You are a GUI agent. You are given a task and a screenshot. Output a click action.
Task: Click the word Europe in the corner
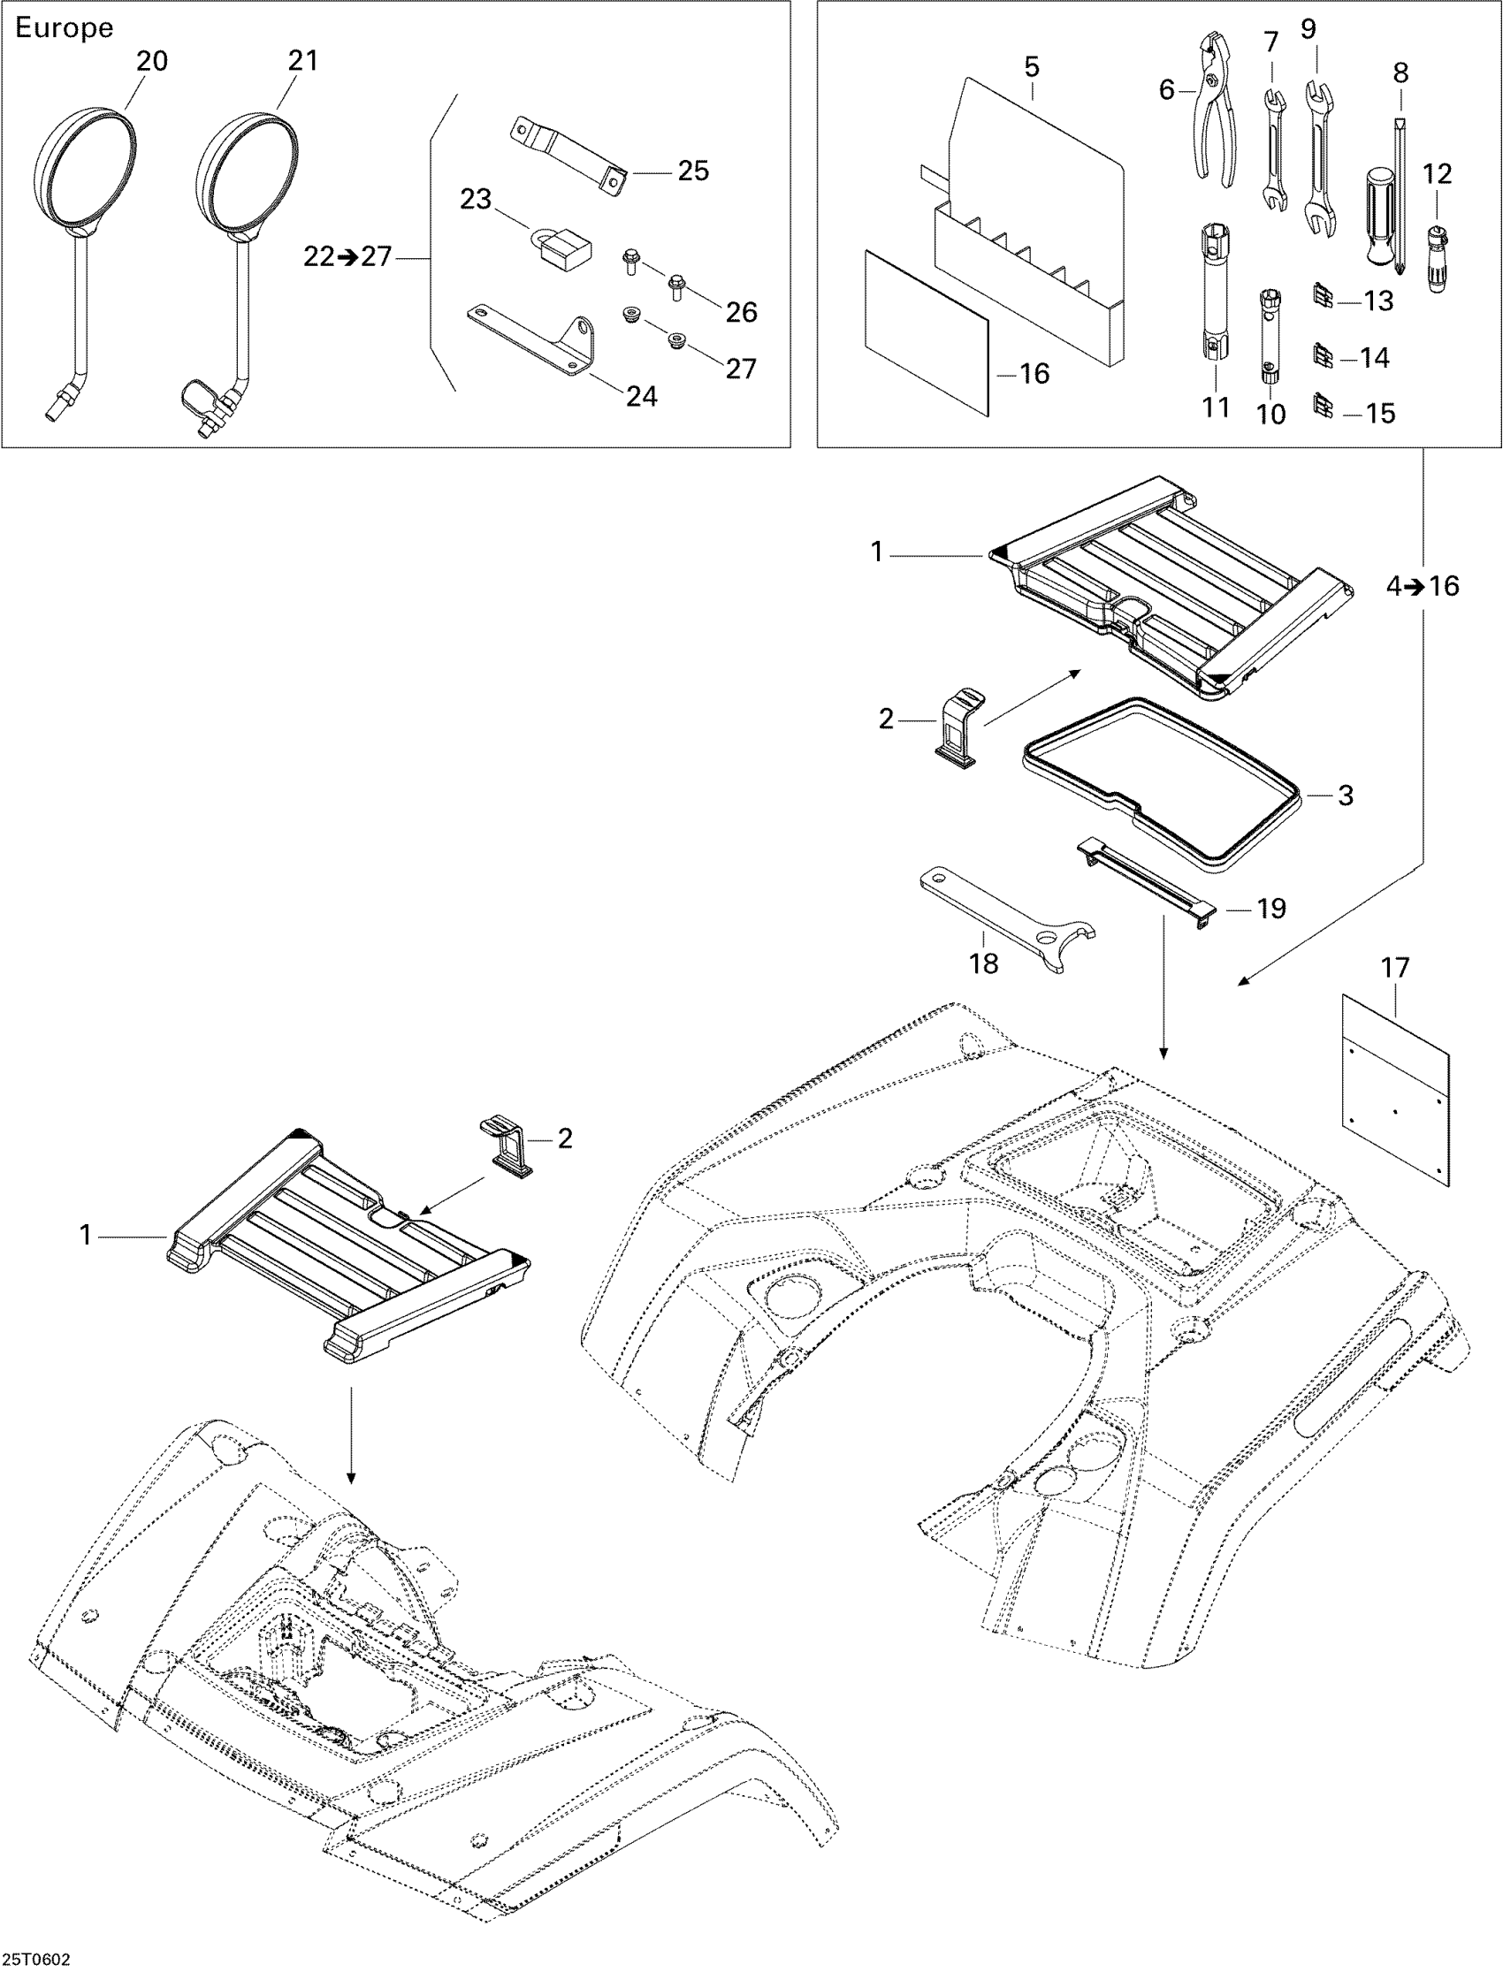pos(65,27)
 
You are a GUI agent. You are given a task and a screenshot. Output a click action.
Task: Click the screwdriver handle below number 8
pos(1383,215)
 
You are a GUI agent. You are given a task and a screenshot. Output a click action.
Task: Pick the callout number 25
pos(692,171)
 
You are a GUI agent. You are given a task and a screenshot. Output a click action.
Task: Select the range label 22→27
pos(347,257)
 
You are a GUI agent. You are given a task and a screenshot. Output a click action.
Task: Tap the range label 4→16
pos(1423,586)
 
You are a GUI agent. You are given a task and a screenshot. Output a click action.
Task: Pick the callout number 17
pos(1395,968)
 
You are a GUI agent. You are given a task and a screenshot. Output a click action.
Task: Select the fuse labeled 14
pos(1324,357)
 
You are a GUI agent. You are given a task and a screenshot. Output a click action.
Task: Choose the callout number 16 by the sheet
pos(1034,373)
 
